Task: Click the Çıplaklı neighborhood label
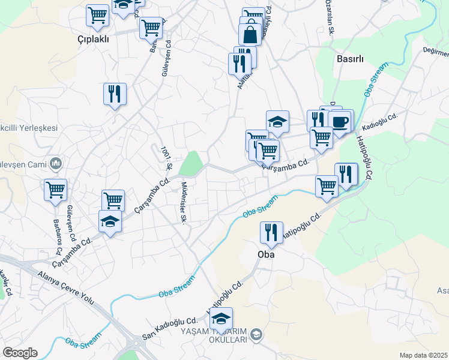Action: [94, 39]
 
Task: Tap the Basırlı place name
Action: [351, 59]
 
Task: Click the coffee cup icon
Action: [340, 122]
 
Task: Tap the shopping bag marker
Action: [250, 34]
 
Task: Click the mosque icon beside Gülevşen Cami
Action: [56, 163]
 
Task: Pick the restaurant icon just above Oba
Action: [271, 232]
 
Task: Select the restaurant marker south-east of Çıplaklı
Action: [115, 94]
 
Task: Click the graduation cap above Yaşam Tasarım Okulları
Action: [221, 319]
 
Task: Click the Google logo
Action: [20, 353]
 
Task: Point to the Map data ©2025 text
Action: [423, 355]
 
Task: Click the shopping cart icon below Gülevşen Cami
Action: [55, 190]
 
